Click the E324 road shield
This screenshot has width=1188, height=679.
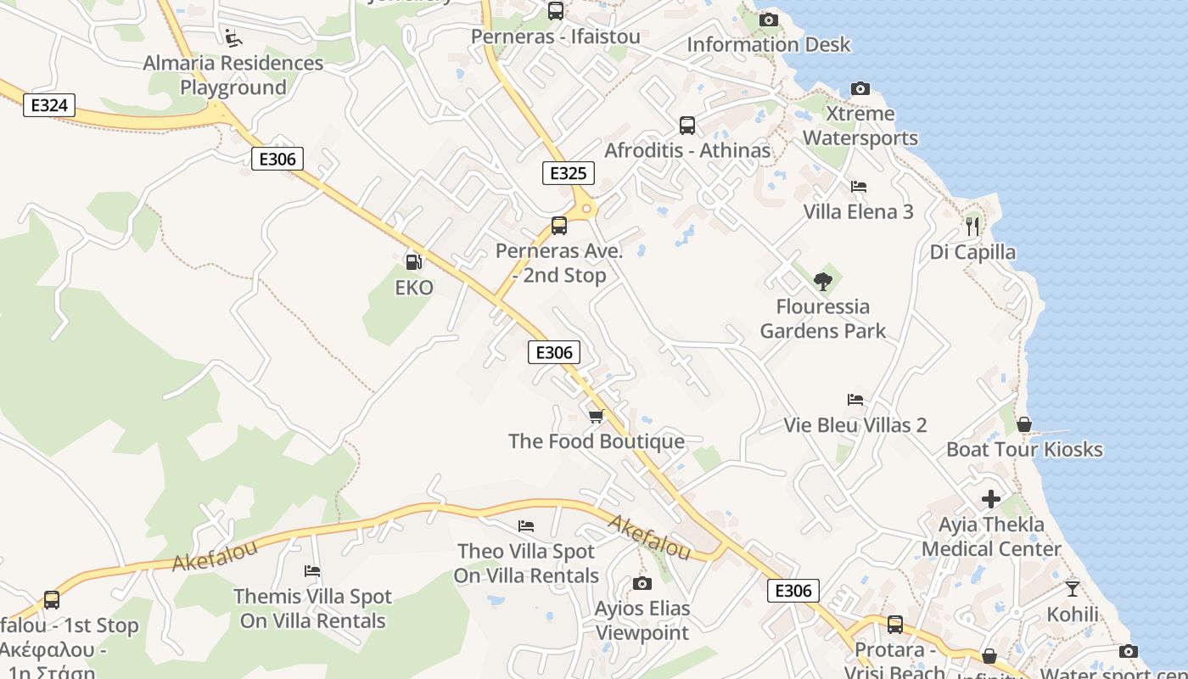click(49, 105)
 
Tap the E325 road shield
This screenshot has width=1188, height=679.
click(568, 173)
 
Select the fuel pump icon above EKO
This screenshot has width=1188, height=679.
click(413, 262)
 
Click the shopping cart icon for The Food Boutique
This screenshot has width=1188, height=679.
click(596, 416)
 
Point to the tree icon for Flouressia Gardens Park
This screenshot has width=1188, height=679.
click(822, 281)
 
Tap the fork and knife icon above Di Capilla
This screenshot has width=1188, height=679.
click(972, 226)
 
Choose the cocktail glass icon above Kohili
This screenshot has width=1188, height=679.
click(1073, 588)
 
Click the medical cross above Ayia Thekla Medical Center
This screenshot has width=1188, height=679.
click(990, 499)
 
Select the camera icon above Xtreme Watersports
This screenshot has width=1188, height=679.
click(860, 88)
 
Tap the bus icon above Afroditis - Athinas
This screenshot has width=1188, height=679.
click(687, 126)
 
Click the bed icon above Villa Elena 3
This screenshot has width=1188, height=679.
click(858, 186)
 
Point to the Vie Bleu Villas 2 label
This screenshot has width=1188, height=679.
click(855, 425)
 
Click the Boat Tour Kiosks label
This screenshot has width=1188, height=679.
click(1024, 449)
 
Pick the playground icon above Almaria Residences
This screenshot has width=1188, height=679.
click(233, 38)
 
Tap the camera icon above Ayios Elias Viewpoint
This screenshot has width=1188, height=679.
click(642, 583)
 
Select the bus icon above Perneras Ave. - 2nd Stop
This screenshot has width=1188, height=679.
click(558, 226)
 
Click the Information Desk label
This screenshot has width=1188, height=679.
click(768, 44)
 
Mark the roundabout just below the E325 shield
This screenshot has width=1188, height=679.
click(586, 209)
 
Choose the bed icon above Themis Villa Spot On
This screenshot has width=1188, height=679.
click(312, 571)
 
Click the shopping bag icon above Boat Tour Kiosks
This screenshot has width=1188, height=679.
click(1024, 424)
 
